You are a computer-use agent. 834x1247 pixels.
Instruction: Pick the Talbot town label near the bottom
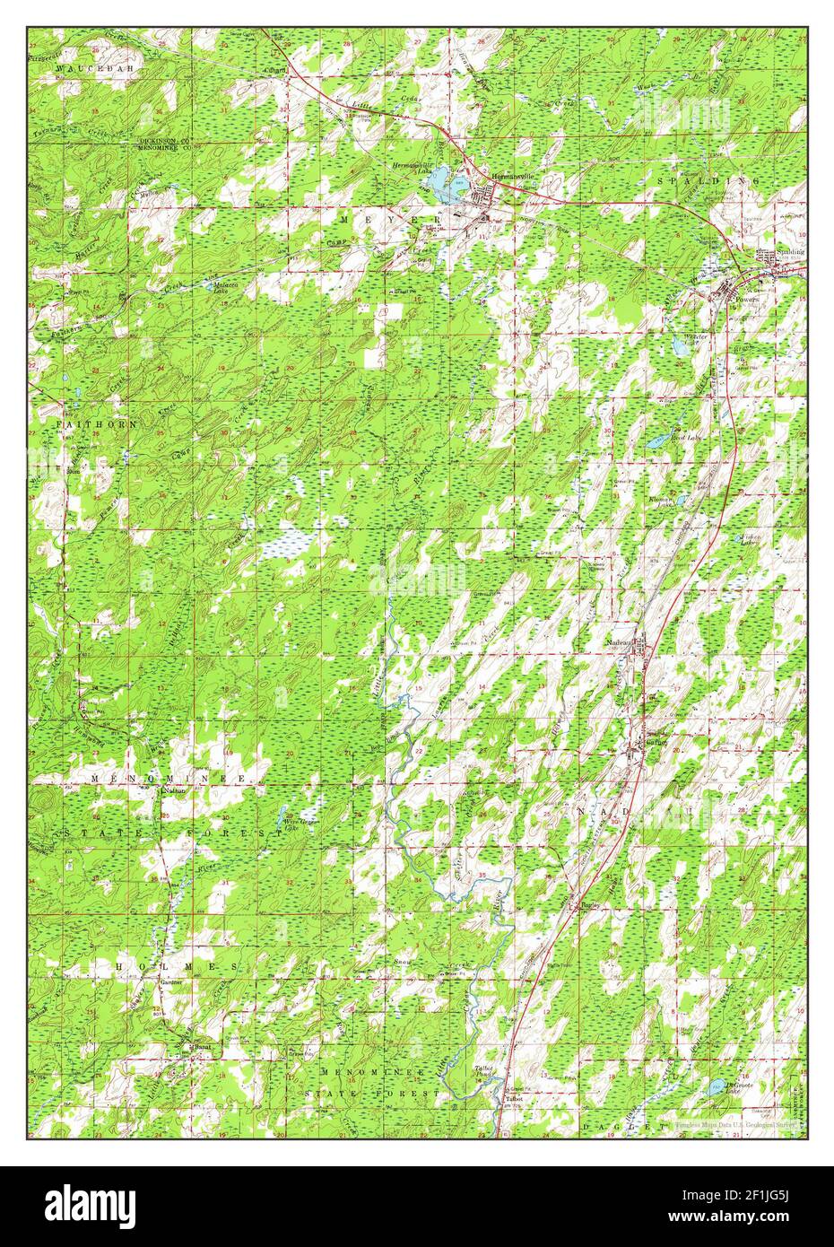512,1097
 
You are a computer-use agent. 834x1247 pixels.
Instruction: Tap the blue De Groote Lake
714,1087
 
